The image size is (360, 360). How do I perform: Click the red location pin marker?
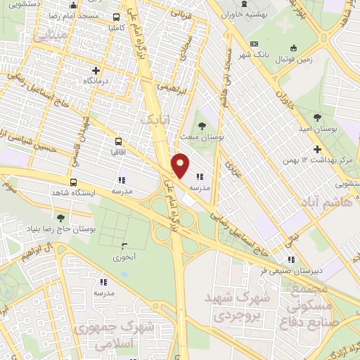(181, 165)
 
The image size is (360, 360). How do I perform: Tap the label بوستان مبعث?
(202, 138)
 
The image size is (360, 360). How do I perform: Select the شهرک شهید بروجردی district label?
(232, 307)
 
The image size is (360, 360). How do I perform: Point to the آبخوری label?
(127, 257)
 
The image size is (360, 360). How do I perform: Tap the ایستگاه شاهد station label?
(74, 192)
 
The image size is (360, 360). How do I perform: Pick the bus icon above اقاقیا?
(117, 139)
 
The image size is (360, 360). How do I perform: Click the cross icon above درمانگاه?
(96, 70)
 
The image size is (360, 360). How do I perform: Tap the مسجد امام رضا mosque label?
(72, 15)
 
